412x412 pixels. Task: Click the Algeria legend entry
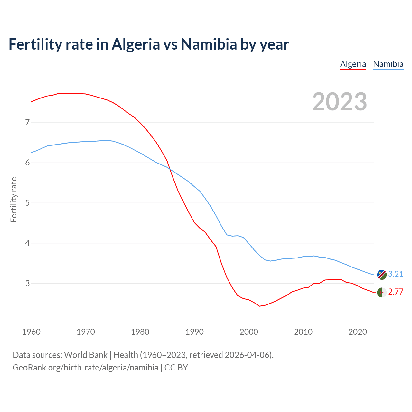(x=353, y=64)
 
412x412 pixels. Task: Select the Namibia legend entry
(x=388, y=64)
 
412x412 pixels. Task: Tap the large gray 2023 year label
(x=339, y=102)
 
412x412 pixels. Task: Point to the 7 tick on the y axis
(x=27, y=122)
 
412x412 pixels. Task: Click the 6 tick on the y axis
(x=27, y=163)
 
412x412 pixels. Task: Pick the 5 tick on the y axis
(x=27, y=203)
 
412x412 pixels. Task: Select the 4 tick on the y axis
(x=27, y=243)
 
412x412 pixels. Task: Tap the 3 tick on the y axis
(x=27, y=283)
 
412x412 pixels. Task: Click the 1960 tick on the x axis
(x=31, y=332)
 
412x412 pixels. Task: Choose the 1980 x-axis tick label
(x=140, y=332)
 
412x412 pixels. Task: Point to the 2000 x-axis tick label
(x=249, y=332)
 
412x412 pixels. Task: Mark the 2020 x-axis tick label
(x=358, y=332)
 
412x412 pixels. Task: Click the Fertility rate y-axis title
(x=14, y=200)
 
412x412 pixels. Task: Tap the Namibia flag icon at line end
(x=381, y=275)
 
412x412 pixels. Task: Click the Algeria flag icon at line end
(x=381, y=292)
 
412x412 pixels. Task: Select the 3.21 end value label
(x=396, y=274)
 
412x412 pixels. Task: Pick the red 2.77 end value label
(x=396, y=292)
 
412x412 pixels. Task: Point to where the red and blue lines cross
(x=170, y=169)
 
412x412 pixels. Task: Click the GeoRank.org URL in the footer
(x=85, y=368)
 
